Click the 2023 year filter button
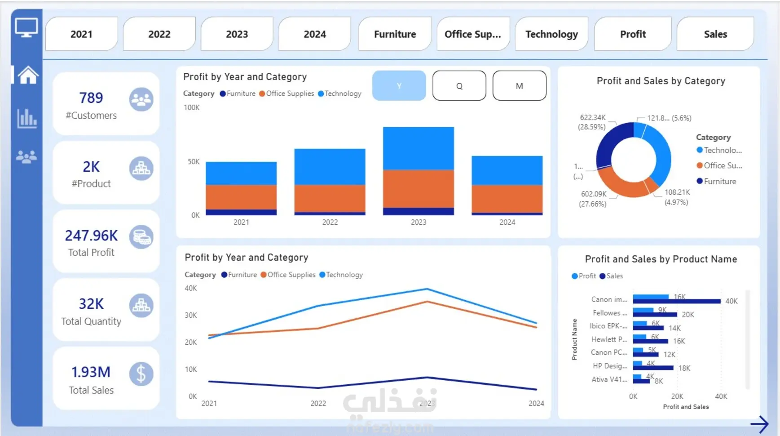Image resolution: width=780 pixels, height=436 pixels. pos(237,34)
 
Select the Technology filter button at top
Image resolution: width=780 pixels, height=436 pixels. pos(551,34)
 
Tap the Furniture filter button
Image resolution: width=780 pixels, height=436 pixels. pos(395,34)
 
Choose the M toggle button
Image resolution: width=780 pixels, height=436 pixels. pos(519,86)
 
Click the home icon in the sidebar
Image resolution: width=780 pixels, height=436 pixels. pos(27,75)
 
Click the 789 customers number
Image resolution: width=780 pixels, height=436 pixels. pos(91,98)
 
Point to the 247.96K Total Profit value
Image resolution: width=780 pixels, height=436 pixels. pos(91,236)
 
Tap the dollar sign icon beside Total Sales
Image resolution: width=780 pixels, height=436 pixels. pos(141,374)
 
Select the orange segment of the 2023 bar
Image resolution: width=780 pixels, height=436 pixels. pos(418,189)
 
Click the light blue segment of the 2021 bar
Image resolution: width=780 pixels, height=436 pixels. pos(241,173)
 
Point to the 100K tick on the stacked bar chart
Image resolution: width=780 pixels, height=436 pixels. pos(192,108)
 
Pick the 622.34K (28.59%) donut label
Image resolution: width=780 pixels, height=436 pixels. pos(592,122)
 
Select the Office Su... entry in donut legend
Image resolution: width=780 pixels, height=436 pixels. pos(722,166)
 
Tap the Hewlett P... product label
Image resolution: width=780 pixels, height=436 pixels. pos(609,339)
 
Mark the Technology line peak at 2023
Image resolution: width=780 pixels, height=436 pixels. pos(427,289)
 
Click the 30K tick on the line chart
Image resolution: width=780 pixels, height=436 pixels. pos(191,316)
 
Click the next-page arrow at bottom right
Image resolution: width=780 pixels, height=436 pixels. pos(759,424)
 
